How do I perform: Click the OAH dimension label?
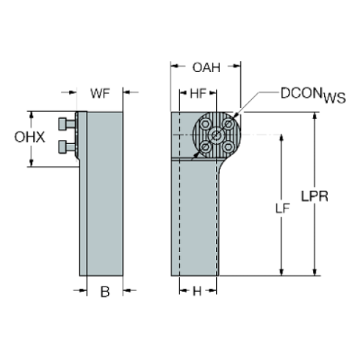point(206,68)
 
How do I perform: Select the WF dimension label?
point(100,93)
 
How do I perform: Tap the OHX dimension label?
point(29,137)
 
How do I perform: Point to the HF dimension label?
point(198,93)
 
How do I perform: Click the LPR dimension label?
point(314,196)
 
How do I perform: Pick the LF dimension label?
point(283,209)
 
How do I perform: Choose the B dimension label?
point(105,292)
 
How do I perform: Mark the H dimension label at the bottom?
point(197,291)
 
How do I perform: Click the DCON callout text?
point(301,93)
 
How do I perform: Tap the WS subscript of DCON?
point(335,98)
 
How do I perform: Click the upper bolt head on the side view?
point(62,123)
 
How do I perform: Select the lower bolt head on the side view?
point(62,147)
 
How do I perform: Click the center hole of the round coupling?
point(217,135)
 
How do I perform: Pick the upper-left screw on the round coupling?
point(205,124)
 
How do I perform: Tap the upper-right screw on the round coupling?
point(228,124)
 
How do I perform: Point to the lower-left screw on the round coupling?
point(205,146)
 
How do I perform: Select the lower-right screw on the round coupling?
point(228,146)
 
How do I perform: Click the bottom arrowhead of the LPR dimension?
point(315,272)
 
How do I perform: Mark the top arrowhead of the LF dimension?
point(281,138)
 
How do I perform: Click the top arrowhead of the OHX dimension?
point(31,115)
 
